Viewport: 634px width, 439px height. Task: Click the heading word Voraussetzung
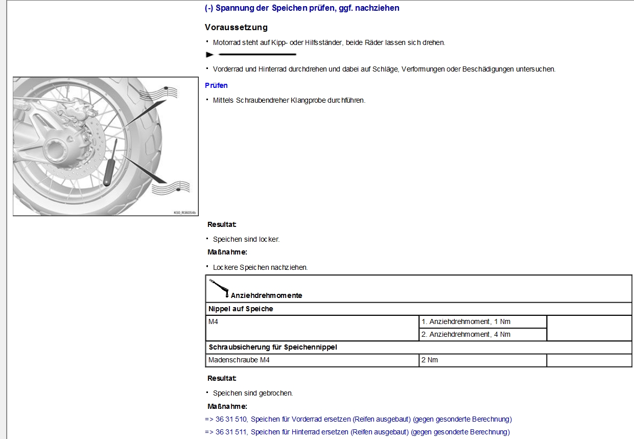(x=236, y=27)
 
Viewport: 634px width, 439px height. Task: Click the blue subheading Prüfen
(x=216, y=85)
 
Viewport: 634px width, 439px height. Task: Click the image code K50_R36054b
(x=184, y=212)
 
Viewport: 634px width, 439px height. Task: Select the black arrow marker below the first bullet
(x=210, y=54)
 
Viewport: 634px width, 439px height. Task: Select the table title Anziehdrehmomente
(x=266, y=295)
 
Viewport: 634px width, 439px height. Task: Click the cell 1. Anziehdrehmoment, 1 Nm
(x=465, y=321)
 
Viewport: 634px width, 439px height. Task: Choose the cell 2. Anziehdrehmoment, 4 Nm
(x=465, y=334)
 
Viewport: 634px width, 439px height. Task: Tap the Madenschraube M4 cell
(x=239, y=360)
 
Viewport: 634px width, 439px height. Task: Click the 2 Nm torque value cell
(x=430, y=360)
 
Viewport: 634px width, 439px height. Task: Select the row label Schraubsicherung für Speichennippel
(x=273, y=347)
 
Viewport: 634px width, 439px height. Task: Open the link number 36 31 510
(x=231, y=419)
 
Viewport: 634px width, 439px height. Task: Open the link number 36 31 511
(x=231, y=432)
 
